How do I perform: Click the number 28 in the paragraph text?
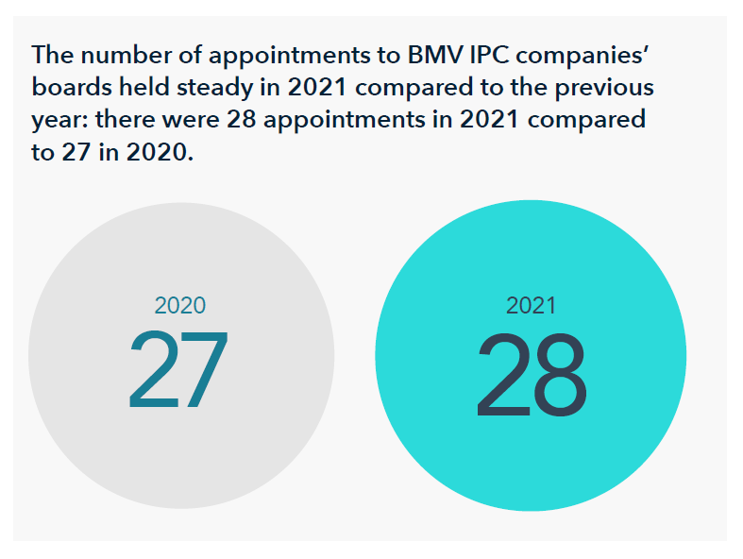pyautogui.click(x=243, y=121)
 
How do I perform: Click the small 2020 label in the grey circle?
pyautogui.click(x=179, y=306)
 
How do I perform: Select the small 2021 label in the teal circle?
pyautogui.click(x=531, y=306)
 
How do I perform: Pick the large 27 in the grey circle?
pyautogui.click(x=178, y=371)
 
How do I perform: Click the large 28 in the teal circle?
pyautogui.click(x=531, y=376)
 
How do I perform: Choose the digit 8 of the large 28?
pyautogui.click(x=561, y=376)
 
